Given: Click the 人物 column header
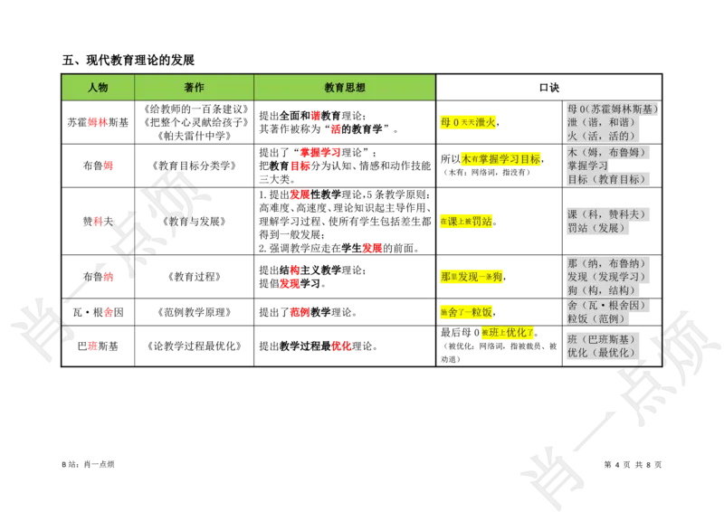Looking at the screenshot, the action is pyautogui.click(x=98, y=88).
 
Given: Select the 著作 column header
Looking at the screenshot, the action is pyautogui.click(x=194, y=88).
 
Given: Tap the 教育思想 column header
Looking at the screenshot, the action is pyautogui.click(x=345, y=88).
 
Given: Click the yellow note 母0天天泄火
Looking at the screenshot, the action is pyautogui.click(x=469, y=122).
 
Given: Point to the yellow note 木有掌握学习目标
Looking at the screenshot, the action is pyautogui.click(x=500, y=158).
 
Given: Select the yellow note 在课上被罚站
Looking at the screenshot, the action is pyautogui.click(x=467, y=221).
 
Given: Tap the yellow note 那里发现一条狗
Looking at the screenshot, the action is pyautogui.click(x=472, y=276).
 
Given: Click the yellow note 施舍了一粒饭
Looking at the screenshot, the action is pyautogui.click(x=467, y=312).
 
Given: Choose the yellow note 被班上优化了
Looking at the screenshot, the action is pyautogui.click(x=507, y=332).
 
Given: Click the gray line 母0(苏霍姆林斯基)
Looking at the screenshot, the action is pyautogui.click(x=612, y=109).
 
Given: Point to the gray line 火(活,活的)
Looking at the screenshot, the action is pyautogui.click(x=601, y=136).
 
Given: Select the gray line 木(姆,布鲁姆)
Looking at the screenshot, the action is pyautogui.click(x=605, y=152).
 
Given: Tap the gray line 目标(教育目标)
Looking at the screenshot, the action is pyautogui.click(x=605, y=179).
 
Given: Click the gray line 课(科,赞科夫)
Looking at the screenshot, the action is pyautogui.click(x=606, y=214).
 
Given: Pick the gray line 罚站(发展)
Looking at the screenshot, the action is pyautogui.click(x=596, y=228).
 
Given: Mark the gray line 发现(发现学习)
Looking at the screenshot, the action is pyautogui.click(x=606, y=276).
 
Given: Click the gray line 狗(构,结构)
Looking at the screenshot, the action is pyautogui.click(x=601, y=290).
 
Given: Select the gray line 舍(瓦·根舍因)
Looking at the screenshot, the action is pyautogui.click(x=607, y=306).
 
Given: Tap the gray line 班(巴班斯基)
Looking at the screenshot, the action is pyautogui.click(x=601, y=339).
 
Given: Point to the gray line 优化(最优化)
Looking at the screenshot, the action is pyautogui.click(x=602, y=353).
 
